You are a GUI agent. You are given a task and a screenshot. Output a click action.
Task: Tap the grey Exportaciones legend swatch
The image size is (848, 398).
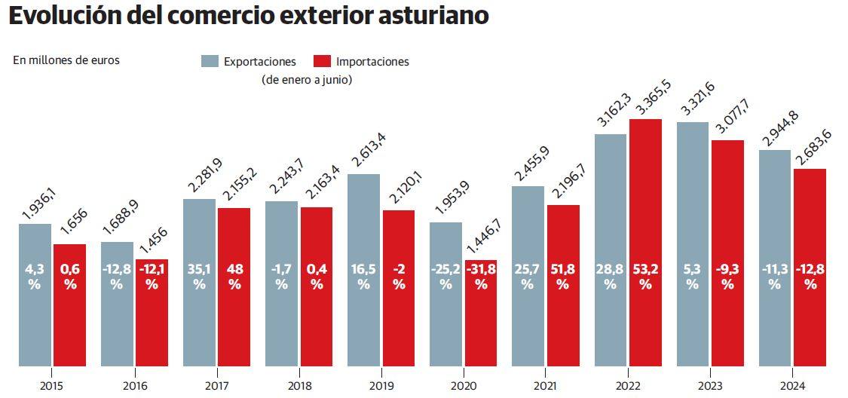click(210, 61)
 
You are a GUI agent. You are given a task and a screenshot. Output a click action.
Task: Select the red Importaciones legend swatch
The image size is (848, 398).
click(323, 61)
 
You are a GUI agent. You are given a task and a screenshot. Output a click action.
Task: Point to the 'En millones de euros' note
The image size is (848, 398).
click(66, 60)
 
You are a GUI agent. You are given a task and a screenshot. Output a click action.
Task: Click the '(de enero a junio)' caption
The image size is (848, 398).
click(307, 78)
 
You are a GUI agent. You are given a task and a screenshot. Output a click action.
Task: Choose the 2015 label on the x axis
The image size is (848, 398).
click(52, 386)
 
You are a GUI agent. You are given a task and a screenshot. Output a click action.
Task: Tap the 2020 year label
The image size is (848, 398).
click(463, 386)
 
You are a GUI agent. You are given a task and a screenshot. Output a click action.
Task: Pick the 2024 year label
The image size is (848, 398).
click(792, 386)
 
